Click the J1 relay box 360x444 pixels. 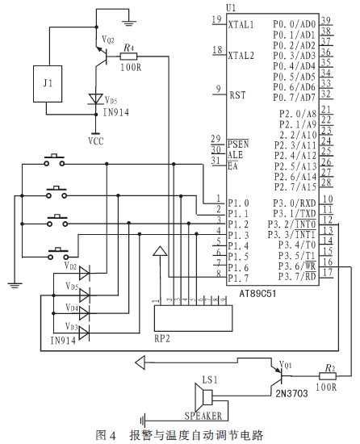tap(48, 84)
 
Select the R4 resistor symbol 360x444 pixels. tap(128, 57)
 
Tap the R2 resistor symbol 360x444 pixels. tap(328, 376)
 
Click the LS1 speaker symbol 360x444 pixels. tap(203, 397)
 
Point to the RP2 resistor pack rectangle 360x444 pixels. tap(193, 318)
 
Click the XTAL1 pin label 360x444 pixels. tap(241, 25)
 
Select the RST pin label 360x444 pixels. tap(237, 95)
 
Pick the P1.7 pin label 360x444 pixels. tap(238, 279)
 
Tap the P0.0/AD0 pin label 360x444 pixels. tap(294, 24)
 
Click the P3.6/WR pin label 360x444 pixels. tap(297, 266)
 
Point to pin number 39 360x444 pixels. tap(326, 21)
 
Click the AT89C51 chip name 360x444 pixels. tap(257, 294)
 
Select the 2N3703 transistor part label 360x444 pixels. tap(291, 393)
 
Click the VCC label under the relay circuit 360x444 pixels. tap(96, 141)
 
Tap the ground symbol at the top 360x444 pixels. tap(129, 22)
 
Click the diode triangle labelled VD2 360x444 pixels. tap(84, 273)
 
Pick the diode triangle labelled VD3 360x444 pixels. tap(84, 333)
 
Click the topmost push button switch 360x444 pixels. tap(54, 160)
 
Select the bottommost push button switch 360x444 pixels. tap(58, 253)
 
